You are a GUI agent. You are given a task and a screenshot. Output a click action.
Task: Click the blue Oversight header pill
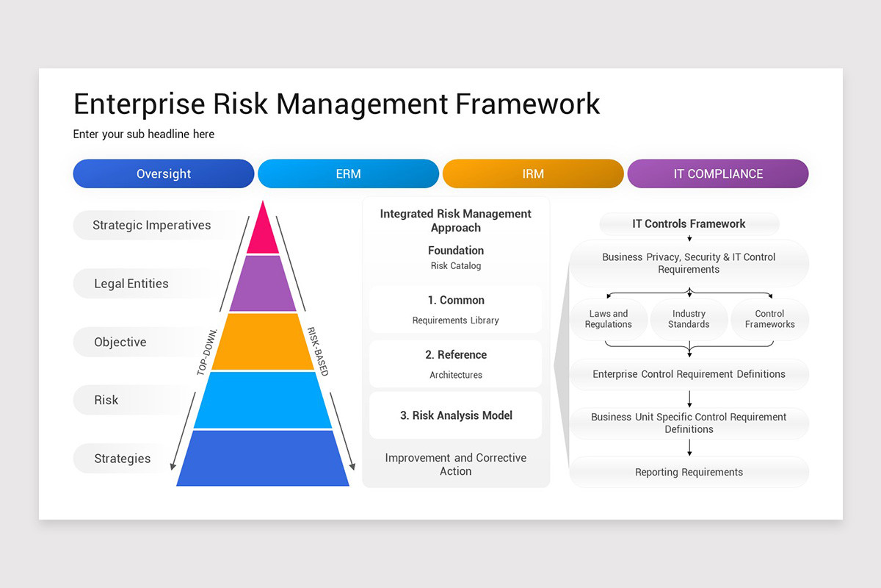164,174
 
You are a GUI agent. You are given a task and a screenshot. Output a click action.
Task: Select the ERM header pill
348,174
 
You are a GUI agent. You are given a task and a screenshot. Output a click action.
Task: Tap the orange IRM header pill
533,174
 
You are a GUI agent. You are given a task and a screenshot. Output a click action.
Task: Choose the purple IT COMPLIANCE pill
718,174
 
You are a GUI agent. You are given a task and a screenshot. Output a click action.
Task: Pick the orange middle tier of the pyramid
262,342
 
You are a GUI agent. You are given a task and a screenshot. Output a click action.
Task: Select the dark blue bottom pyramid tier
262,459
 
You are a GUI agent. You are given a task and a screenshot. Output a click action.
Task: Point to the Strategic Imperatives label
151,226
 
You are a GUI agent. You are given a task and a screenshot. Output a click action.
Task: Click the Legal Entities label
131,284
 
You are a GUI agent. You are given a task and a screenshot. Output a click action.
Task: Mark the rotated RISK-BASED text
318,351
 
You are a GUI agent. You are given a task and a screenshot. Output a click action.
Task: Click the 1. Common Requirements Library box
455,309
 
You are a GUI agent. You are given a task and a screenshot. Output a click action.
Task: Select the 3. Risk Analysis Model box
455,415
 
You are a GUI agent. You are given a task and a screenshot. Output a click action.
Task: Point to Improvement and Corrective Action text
455,465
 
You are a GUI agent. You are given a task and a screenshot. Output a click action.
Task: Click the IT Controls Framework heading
689,224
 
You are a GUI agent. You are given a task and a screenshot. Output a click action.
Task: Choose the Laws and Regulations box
609,319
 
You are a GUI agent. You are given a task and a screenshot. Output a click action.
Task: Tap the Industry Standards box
689,319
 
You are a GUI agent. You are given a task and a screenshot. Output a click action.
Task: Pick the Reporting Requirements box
689,472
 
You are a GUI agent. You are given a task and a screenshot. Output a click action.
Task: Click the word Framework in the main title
528,104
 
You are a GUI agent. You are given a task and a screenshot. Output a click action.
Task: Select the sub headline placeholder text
144,135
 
